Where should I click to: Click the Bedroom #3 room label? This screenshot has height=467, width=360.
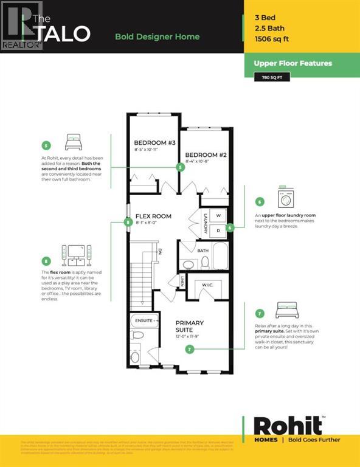pos(154,143)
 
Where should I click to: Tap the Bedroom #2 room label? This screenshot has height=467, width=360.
pos(206,155)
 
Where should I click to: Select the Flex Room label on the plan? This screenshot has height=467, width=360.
pos(153,216)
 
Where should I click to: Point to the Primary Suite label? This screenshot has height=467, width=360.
pos(189,326)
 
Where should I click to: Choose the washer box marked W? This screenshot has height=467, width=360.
pos(218,216)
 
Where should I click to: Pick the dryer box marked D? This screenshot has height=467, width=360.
pos(218,230)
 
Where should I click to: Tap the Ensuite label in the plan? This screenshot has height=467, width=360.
pos(145,320)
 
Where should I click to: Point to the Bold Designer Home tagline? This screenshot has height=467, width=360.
pos(157,36)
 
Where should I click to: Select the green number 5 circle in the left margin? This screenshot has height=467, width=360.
pos(46,145)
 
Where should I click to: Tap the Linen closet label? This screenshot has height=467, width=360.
pos(181,281)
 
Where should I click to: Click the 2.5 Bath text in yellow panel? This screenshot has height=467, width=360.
pos(270,29)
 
